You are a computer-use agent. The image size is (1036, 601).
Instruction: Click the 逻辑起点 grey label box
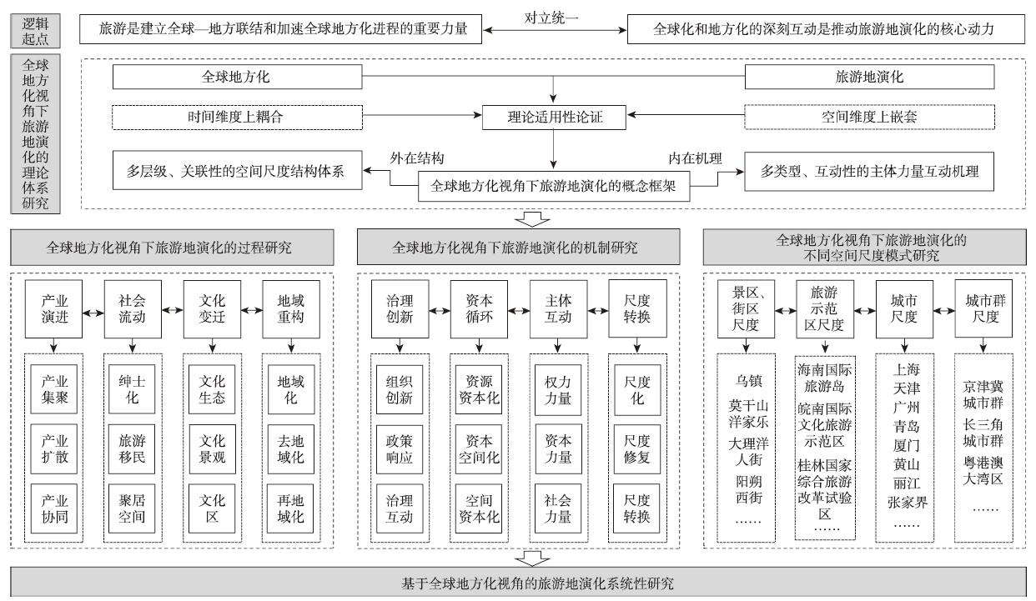pos(35,31)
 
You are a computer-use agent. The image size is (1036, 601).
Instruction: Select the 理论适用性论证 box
pos(554,117)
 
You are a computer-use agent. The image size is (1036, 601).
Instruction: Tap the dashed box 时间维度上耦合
pos(237,117)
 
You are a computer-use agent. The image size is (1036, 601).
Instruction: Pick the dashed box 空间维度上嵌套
pos(869,117)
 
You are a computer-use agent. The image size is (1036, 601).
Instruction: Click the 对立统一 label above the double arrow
pos(551,18)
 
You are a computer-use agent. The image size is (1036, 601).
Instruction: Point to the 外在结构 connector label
pos(417,158)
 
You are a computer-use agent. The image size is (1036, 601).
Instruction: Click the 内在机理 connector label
pos(695,158)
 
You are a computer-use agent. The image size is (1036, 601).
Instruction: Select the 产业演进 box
pos(54,308)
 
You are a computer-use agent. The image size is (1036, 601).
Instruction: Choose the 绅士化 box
pos(132,389)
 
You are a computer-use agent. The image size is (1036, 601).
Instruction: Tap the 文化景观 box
pos(212,449)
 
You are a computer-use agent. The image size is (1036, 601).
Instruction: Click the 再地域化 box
pos(290,508)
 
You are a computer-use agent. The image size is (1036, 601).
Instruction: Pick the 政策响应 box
pos(400,449)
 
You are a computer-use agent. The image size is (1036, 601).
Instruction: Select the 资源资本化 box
pos(479,389)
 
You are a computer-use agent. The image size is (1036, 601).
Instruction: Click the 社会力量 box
pos(558,508)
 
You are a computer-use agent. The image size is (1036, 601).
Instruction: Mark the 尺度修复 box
pos(636,449)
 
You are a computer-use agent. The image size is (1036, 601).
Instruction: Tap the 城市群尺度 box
pos(983,308)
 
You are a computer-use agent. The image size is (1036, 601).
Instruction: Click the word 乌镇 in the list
pos(748,381)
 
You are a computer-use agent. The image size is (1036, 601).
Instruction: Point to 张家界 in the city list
pos(907,502)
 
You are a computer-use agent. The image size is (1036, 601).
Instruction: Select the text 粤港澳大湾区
pos(983,471)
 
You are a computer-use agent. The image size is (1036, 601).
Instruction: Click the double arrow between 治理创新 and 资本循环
pos(440,311)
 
